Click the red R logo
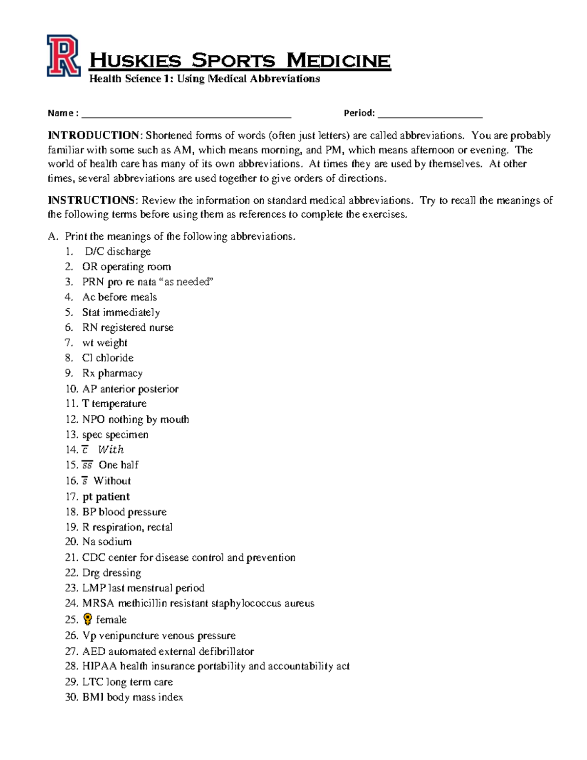coord(63,56)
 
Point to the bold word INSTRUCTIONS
coord(91,200)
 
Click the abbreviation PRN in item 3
coord(93,282)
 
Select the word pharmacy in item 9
coord(120,373)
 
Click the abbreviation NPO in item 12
coord(93,419)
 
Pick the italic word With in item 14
coord(111,450)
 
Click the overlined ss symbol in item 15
coord(87,465)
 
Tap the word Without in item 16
coord(112,481)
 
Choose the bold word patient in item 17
coord(113,497)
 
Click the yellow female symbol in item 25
coord(88,619)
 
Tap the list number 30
coord(71,697)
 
